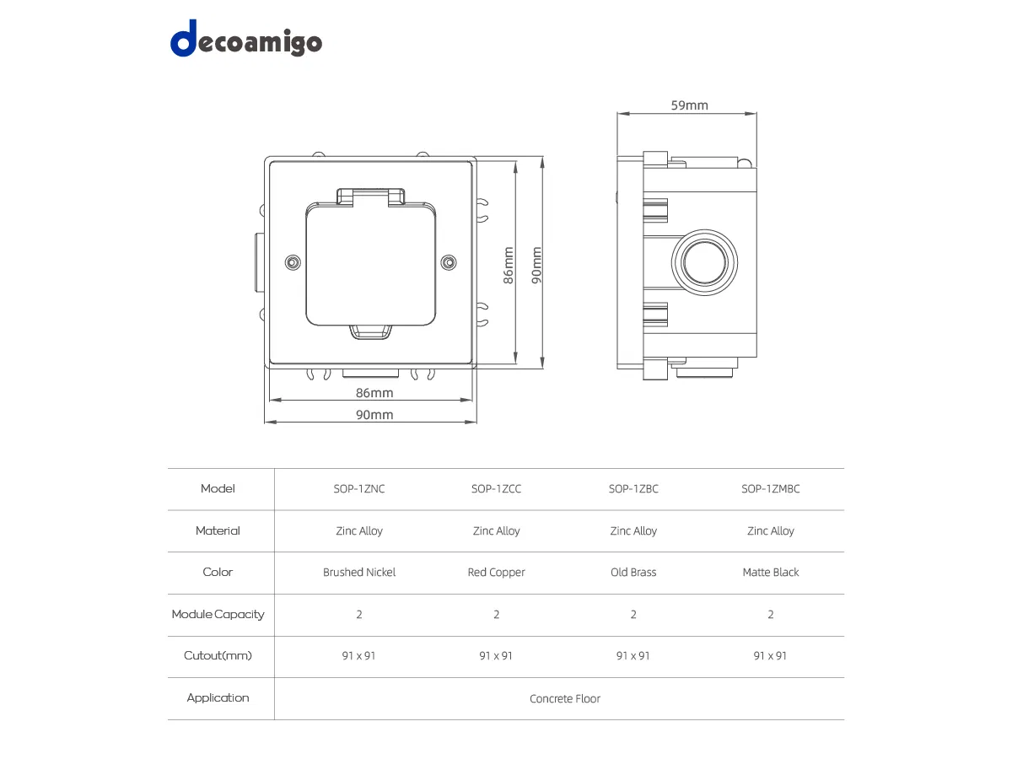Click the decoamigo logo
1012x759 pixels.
tap(245, 39)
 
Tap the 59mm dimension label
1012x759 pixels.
tap(689, 105)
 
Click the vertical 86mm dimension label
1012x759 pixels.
tap(508, 265)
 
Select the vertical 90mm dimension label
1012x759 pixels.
tap(536, 265)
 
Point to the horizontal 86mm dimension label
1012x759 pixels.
tap(374, 393)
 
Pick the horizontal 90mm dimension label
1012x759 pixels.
tap(374, 415)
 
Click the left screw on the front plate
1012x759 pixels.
tap(293, 262)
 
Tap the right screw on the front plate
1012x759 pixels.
tap(449, 262)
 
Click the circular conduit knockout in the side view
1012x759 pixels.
tap(704, 262)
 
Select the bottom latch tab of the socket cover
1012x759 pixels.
tap(371, 332)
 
